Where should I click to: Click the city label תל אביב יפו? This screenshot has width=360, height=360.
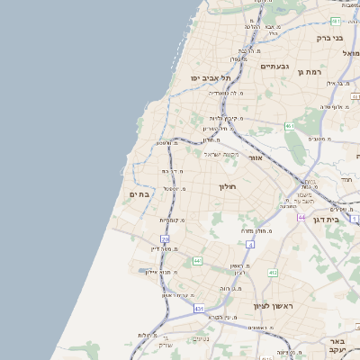tap(206, 78)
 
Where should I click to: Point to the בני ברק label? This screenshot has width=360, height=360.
tap(329, 38)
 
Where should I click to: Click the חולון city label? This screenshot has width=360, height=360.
tap(226, 186)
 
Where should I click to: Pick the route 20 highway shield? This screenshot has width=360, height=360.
tap(165, 238)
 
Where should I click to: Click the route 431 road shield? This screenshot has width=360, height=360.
tap(198, 309)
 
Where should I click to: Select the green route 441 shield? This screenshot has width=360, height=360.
tap(196, 261)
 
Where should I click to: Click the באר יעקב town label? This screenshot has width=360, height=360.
tap(337, 347)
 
